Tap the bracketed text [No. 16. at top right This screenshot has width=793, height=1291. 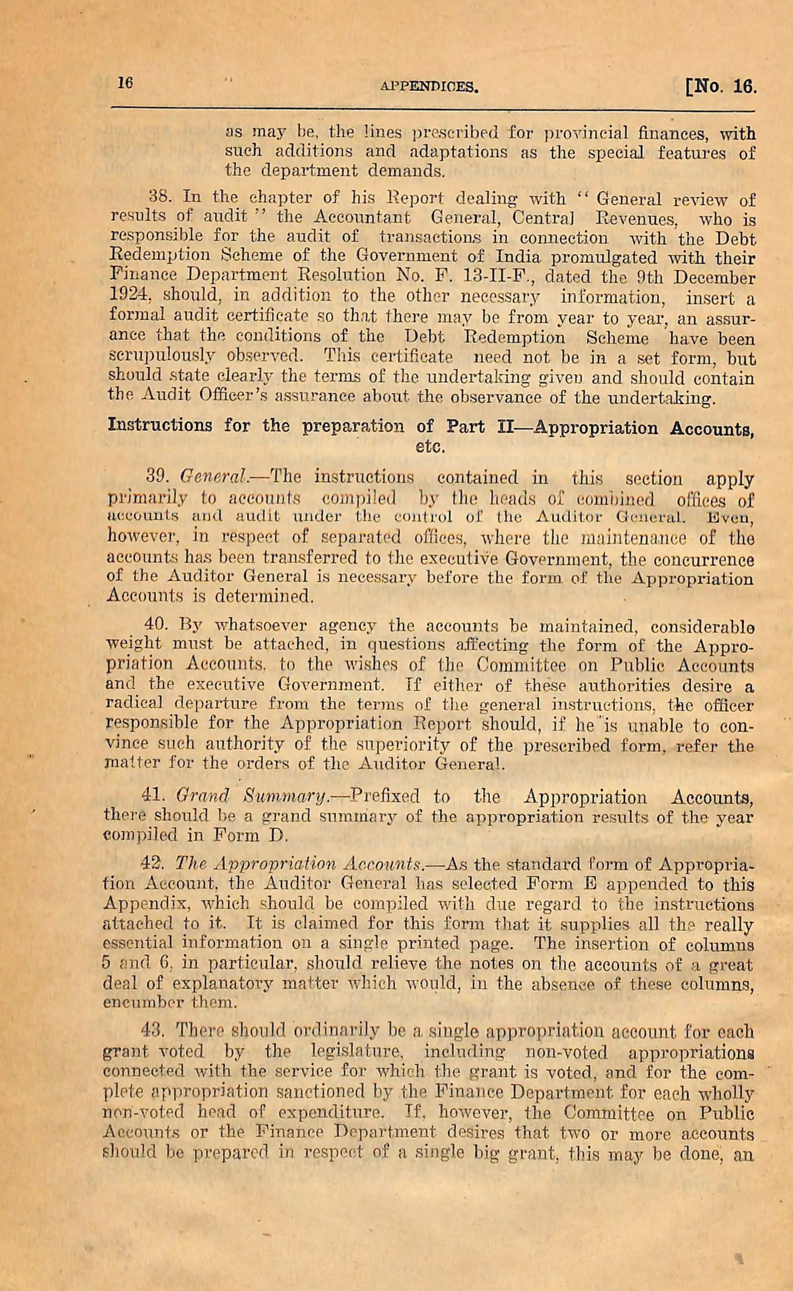721,86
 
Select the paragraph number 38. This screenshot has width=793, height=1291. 157,198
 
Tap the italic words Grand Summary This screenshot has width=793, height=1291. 252,797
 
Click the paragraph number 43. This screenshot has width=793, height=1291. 154,1032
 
